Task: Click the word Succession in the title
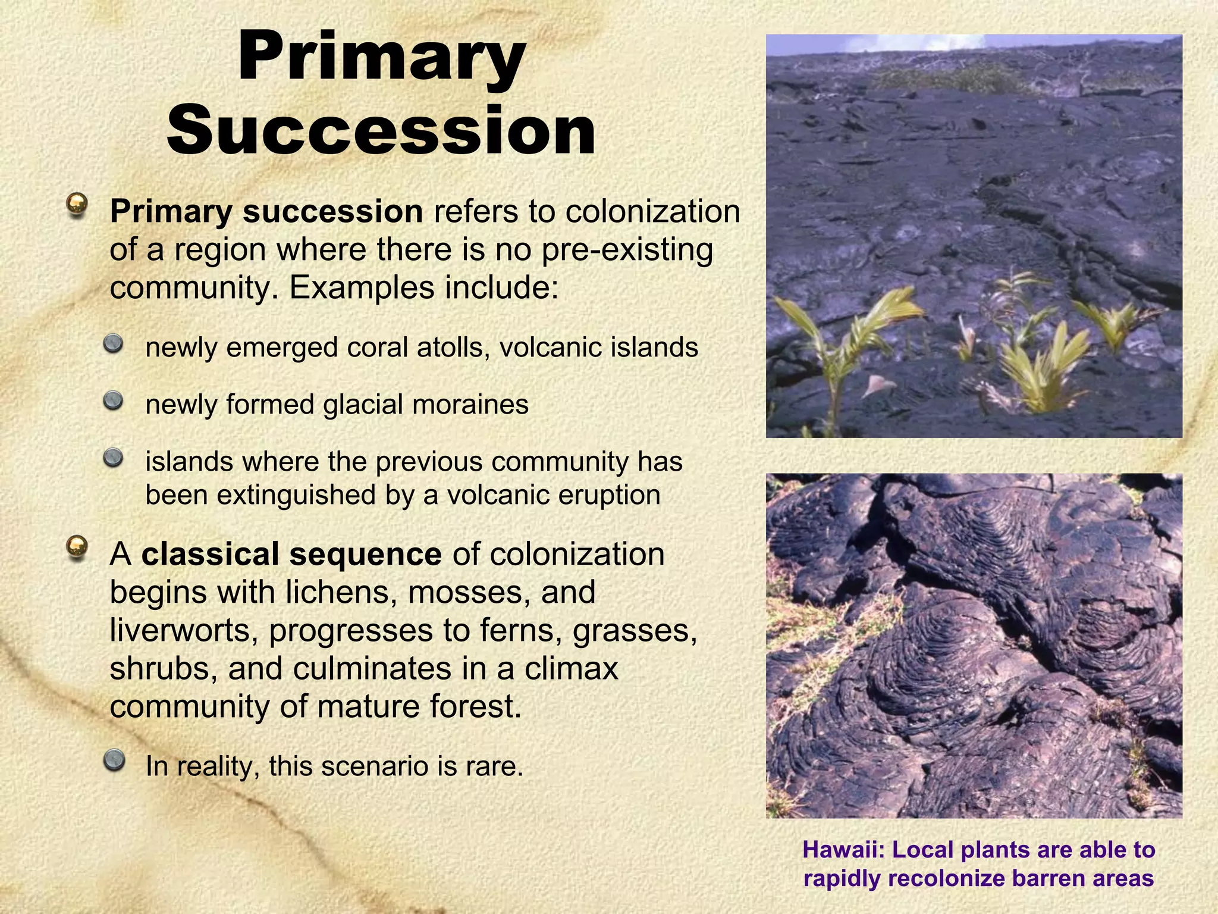[x=381, y=130]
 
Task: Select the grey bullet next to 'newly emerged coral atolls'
[x=112, y=343]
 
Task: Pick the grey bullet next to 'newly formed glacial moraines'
[x=112, y=400]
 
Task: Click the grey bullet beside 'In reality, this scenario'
[x=112, y=760]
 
